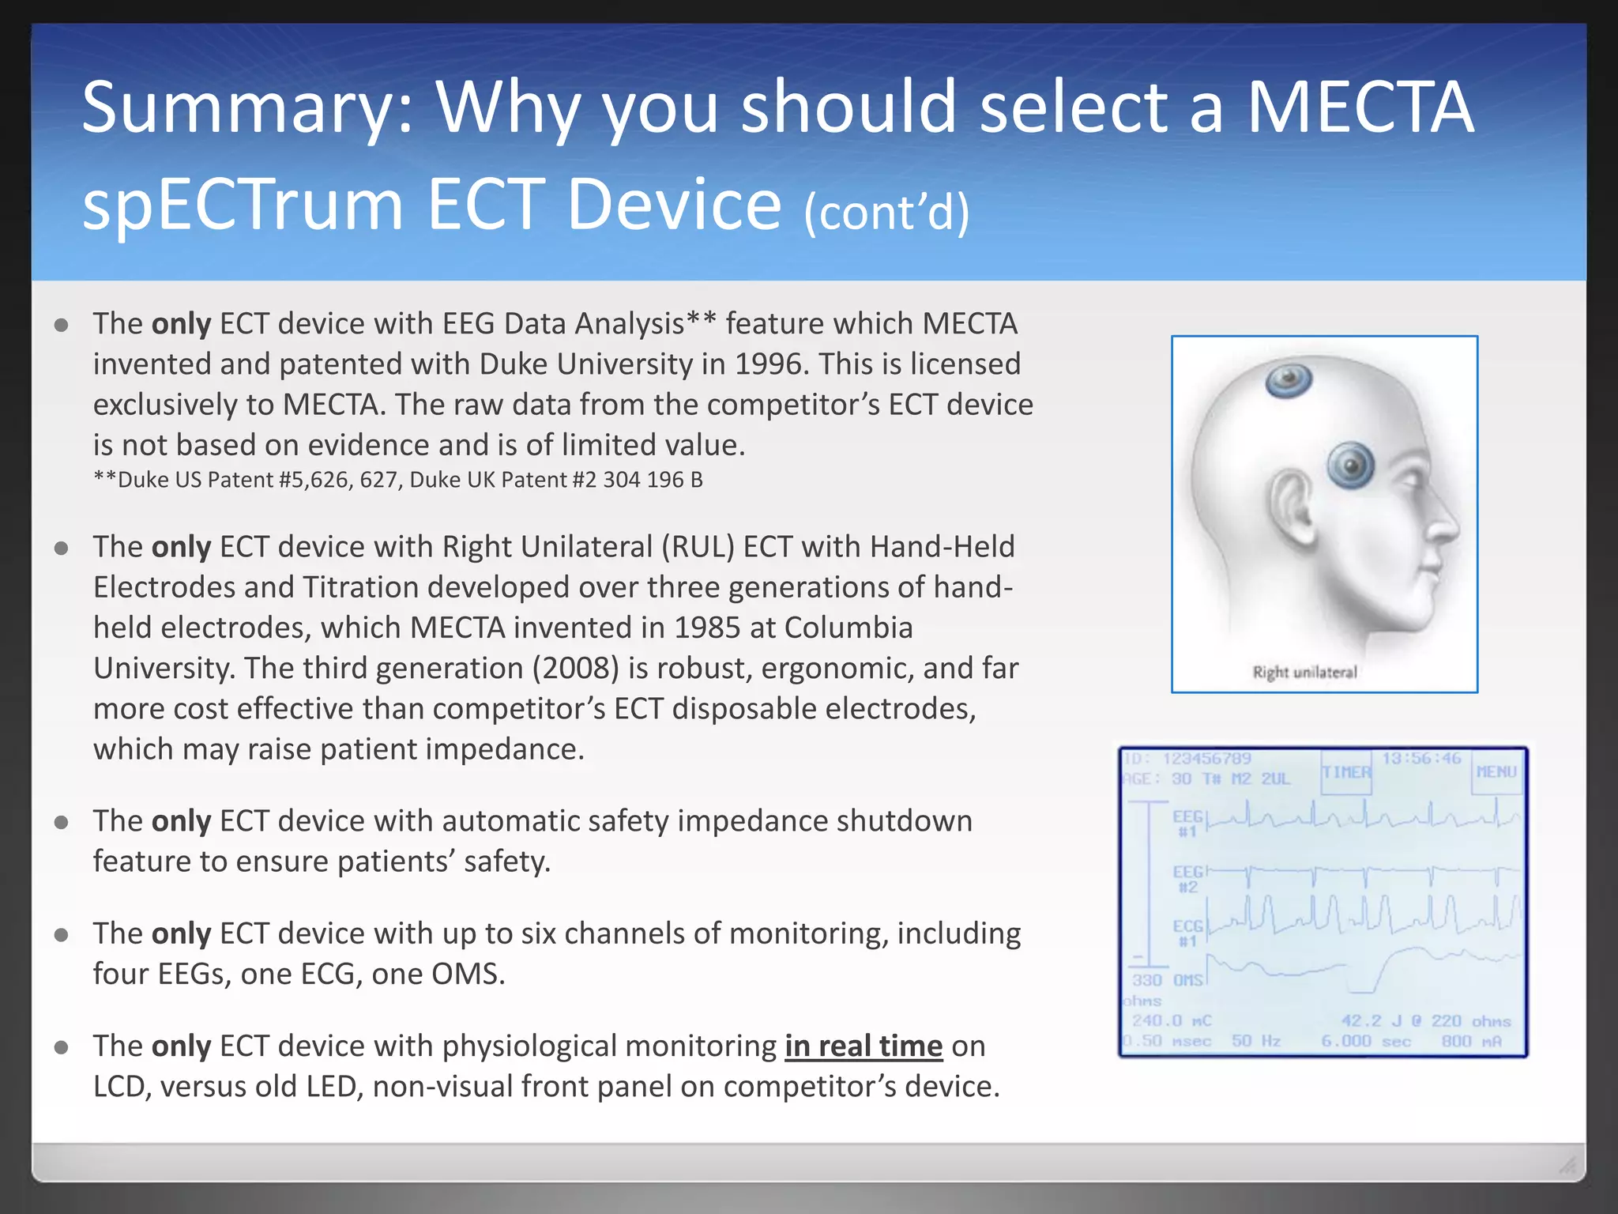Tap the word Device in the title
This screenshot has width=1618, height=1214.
(674, 205)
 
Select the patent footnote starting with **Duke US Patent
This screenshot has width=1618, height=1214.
(398, 480)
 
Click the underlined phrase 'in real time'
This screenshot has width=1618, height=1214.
(864, 1046)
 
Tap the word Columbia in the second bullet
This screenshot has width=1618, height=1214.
(849, 628)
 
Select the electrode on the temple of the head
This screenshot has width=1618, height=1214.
(1351, 465)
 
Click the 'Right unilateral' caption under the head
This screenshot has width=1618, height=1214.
(1304, 673)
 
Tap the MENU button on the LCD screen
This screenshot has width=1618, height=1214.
(1496, 771)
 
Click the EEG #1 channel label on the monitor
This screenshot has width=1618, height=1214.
(1187, 823)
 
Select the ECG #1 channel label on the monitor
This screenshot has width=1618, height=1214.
(1187, 933)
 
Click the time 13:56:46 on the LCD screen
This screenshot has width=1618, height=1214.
(1421, 759)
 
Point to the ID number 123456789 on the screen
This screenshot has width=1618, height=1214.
(1206, 759)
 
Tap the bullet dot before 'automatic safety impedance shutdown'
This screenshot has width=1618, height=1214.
(62, 823)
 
